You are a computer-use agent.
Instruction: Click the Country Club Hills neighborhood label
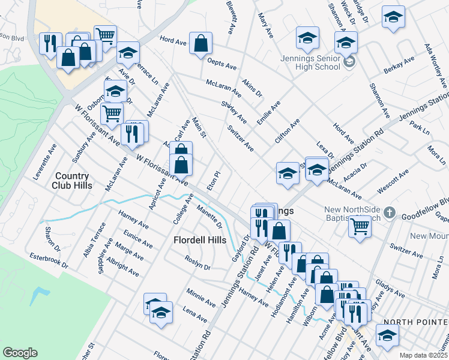(71, 181)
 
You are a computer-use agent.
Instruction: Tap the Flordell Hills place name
(199, 240)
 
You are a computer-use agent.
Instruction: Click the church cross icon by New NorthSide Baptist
(390, 213)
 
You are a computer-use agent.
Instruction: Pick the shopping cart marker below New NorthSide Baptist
(359, 227)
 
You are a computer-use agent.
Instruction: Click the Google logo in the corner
(20, 353)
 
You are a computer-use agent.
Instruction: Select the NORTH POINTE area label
(415, 322)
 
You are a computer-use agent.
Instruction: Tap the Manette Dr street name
(210, 217)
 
